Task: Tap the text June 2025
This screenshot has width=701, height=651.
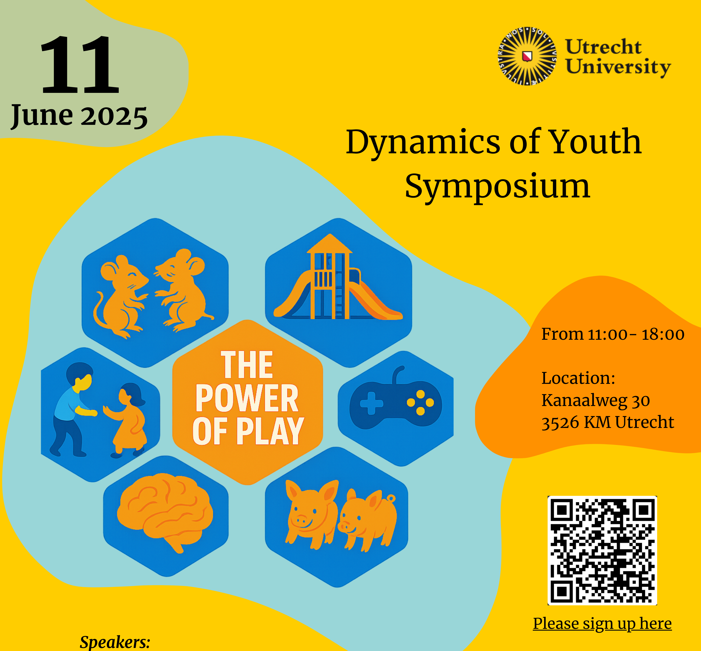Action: tap(79, 117)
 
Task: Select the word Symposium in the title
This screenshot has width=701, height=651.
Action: tap(497, 187)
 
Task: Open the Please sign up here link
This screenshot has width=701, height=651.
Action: tap(602, 623)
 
